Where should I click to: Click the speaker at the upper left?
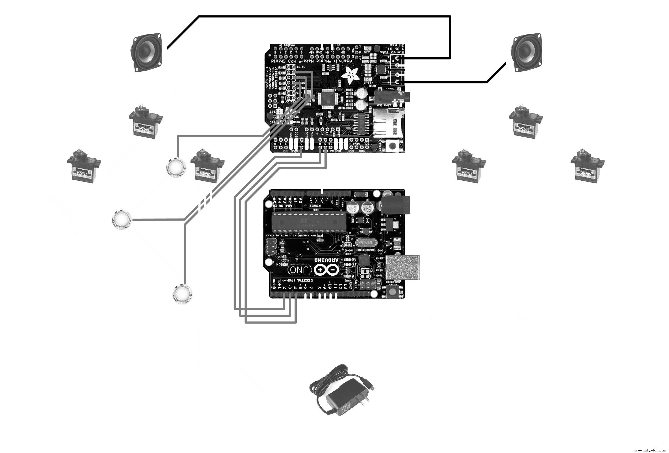146,53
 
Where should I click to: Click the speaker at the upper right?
527,53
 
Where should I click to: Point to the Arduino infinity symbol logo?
326,270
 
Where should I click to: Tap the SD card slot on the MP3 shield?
387,122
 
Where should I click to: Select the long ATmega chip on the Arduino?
309,222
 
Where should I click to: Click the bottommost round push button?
182,294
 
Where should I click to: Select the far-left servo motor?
84,165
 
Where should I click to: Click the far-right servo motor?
587,165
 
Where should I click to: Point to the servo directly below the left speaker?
145,122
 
